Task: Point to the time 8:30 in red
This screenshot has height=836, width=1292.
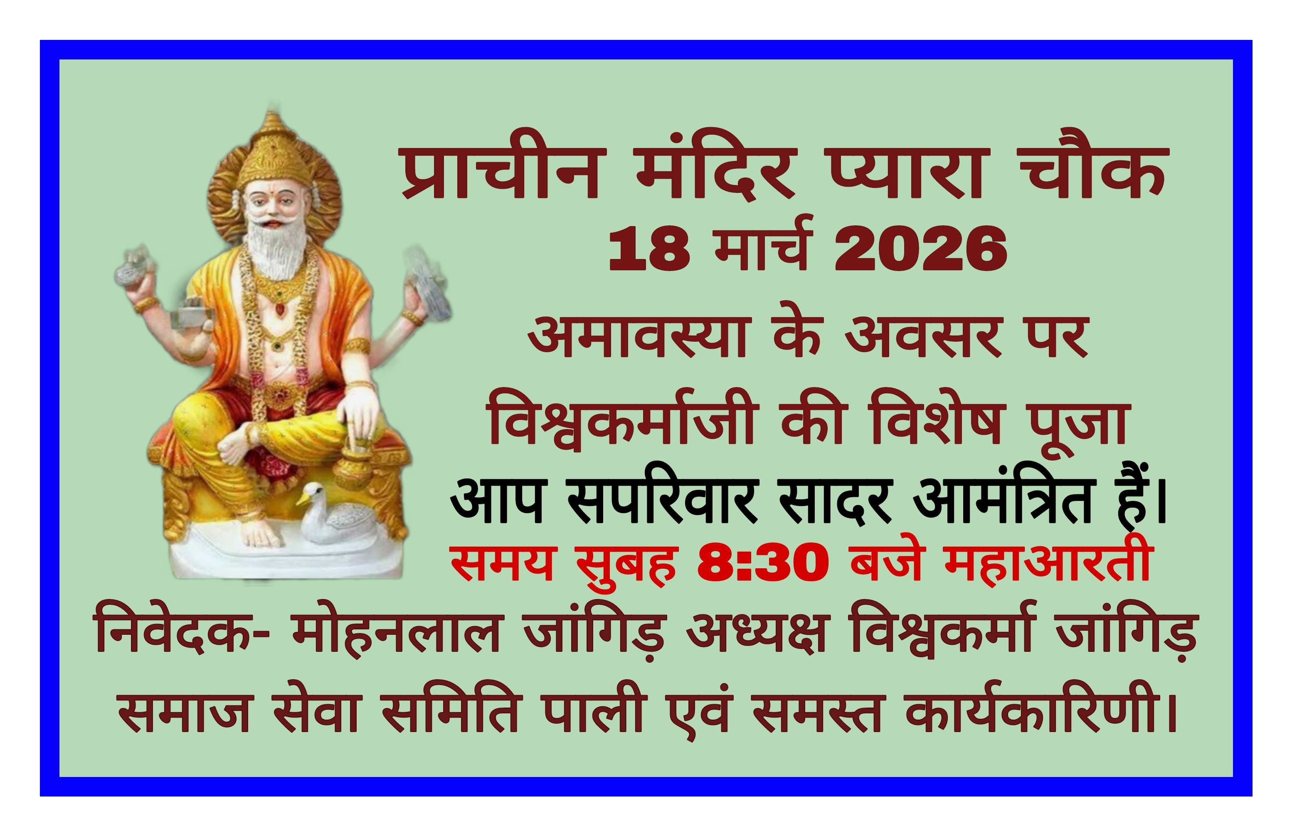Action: click(763, 565)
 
